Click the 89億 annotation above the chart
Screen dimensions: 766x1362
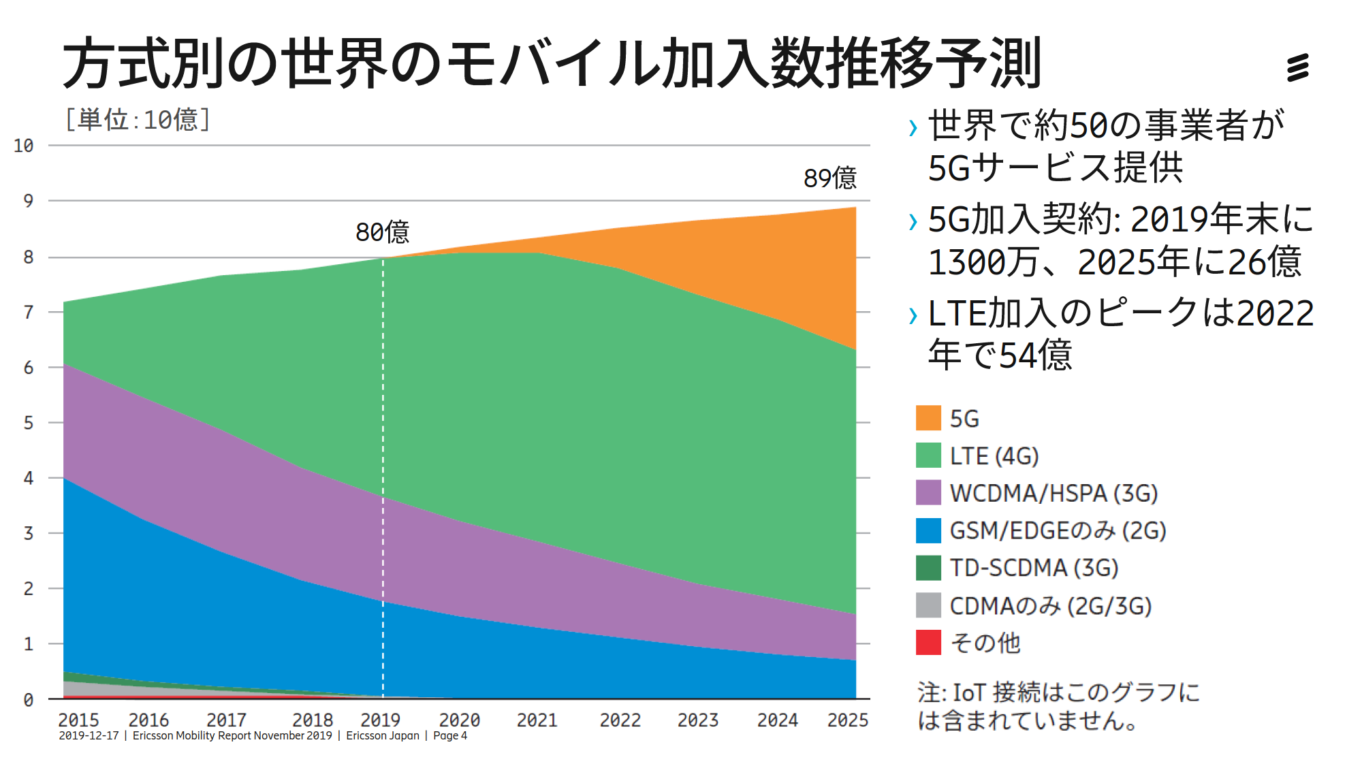coord(829,178)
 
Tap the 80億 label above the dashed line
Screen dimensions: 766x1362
coord(382,232)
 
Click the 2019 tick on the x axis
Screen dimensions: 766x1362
coord(380,720)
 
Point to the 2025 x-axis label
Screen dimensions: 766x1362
coord(847,720)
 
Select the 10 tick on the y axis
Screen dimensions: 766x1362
coord(23,146)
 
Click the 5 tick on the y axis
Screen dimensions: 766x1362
coord(28,423)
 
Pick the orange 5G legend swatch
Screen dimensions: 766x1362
coord(928,418)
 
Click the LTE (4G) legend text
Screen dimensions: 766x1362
coord(994,456)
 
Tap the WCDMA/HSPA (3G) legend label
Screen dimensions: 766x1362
coord(1053,493)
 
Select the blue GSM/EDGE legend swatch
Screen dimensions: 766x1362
coord(928,530)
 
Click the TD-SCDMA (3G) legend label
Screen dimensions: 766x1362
coord(1033,568)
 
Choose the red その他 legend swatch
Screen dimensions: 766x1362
coord(928,643)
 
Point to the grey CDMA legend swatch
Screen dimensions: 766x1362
coord(928,605)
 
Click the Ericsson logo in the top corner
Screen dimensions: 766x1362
coord(1297,67)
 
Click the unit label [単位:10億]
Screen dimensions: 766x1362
coord(137,120)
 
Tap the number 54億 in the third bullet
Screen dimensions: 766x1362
coord(1035,355)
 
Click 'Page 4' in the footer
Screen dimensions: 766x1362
coord(450,736)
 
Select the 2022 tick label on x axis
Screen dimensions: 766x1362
coord(620,720)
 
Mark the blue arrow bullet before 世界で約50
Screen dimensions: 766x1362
coord(913,127)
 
